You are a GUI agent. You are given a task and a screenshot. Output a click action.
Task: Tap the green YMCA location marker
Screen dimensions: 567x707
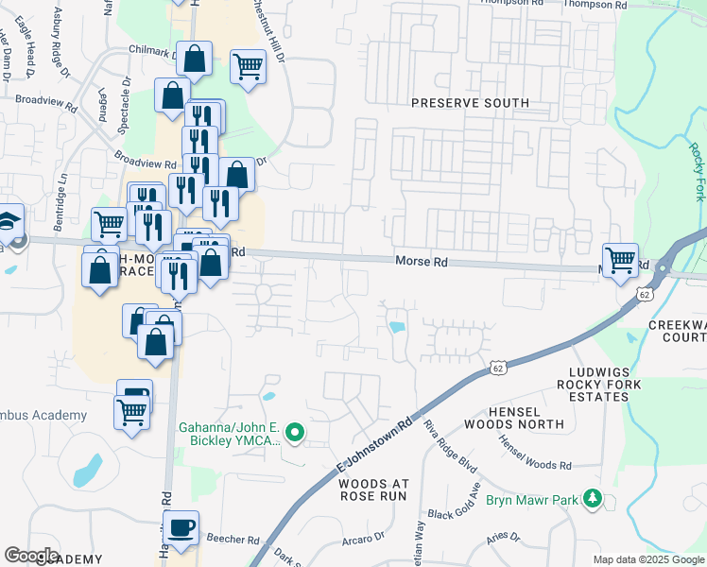point(295,434)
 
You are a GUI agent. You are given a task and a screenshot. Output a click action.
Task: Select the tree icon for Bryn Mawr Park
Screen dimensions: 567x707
point(592,497)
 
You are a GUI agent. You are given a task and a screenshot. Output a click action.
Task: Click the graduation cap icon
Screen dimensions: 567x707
point(8,224)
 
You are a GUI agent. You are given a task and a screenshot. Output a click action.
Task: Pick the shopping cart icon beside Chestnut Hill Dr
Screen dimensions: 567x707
point(248,66)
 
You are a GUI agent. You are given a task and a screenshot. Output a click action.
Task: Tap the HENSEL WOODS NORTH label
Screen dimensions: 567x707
point(540,420)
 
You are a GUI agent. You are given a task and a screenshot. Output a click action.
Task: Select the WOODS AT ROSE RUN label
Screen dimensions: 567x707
point(371,489)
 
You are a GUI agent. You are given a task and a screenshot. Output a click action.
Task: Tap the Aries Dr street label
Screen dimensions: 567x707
point(504,537)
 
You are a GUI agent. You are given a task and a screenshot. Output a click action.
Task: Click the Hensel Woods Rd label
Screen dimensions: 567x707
point(535,453)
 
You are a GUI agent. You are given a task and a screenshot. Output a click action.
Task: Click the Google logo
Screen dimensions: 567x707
point(31,556)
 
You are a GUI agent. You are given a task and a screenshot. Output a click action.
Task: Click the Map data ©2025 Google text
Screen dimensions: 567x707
point(647,559)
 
